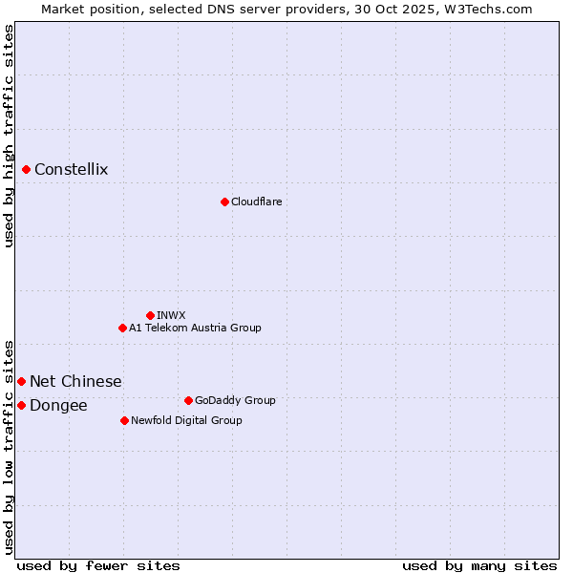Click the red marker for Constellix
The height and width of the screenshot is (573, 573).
coord(27,170)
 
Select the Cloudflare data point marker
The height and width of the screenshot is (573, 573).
coord(224,202)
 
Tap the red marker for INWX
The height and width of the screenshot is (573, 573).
coord(150,315)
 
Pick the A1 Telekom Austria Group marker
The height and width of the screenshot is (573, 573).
coord(122,328)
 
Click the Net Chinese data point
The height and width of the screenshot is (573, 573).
coord(21,382)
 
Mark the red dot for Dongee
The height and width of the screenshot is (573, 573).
coord(21,406)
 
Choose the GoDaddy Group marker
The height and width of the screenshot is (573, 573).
coord(188,400)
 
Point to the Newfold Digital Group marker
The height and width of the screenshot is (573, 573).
coord(124,420)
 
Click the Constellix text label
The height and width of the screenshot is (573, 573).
coord(72,170)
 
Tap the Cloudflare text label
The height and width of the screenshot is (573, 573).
coord(256,202)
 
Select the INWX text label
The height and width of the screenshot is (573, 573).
coord(171,315)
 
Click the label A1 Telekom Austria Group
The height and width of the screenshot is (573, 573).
coord(195,328)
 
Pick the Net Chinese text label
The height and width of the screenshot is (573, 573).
coord(75,382)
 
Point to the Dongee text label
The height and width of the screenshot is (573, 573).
coord(58,406)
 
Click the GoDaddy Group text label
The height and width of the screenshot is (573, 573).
coord(235,400)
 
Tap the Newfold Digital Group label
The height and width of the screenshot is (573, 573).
coord(186,420)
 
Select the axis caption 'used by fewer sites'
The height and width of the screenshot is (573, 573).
coord(98,565)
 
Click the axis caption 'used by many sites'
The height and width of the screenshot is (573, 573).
coord(479,565)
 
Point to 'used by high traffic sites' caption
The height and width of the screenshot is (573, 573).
coord(10,136)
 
